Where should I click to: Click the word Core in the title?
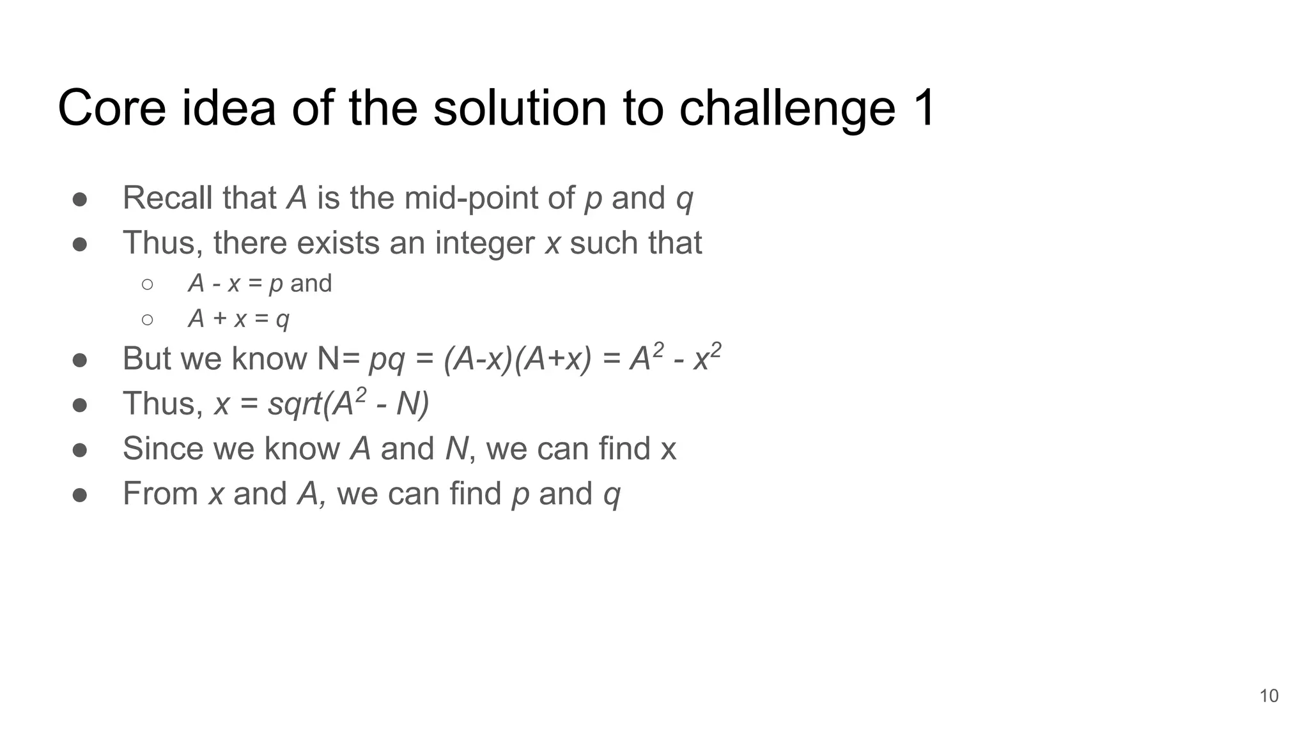(x=112, y=108)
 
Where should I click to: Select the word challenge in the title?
(x=787, y=108)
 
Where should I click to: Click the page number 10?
(x=1269, y=696)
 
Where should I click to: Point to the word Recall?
(x=167, y=198)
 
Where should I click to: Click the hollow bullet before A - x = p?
(x=147, y=284)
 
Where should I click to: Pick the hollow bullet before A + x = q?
(x=147, y=319)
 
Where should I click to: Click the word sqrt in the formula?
(x=295, y=404)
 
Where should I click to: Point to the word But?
(x=146, y=359)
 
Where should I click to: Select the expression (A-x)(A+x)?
(x=518, y=359)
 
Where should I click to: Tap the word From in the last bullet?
(x=160, y=494)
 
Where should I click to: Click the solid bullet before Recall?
(x=80, y=199)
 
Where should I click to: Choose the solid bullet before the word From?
(x=80, y=495)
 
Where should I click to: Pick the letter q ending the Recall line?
(x=684, y=199)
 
